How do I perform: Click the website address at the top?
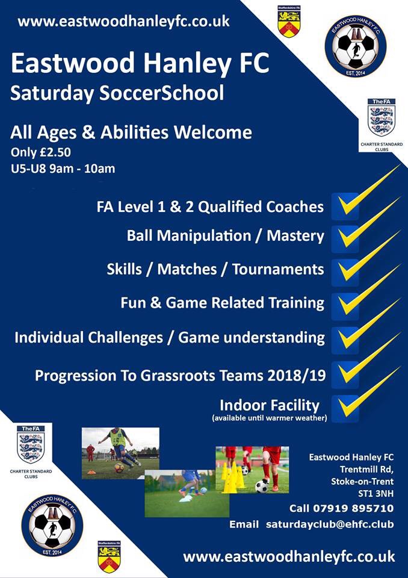click(123, 21)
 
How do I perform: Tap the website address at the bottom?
click(289, 556)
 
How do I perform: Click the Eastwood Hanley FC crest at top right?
click(355, 46)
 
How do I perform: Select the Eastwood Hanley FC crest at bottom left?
click(52, 525)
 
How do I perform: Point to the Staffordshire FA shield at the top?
click(289, 22)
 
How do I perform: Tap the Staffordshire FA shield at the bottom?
click(109, 556)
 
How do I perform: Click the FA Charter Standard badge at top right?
click(382, 125)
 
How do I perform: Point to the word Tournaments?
click(278, 269)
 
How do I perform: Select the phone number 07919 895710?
click(353, 508)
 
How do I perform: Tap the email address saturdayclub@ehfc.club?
click(330, 524)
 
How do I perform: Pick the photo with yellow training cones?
click(252, 470)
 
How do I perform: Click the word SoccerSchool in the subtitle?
click(161, 93)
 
